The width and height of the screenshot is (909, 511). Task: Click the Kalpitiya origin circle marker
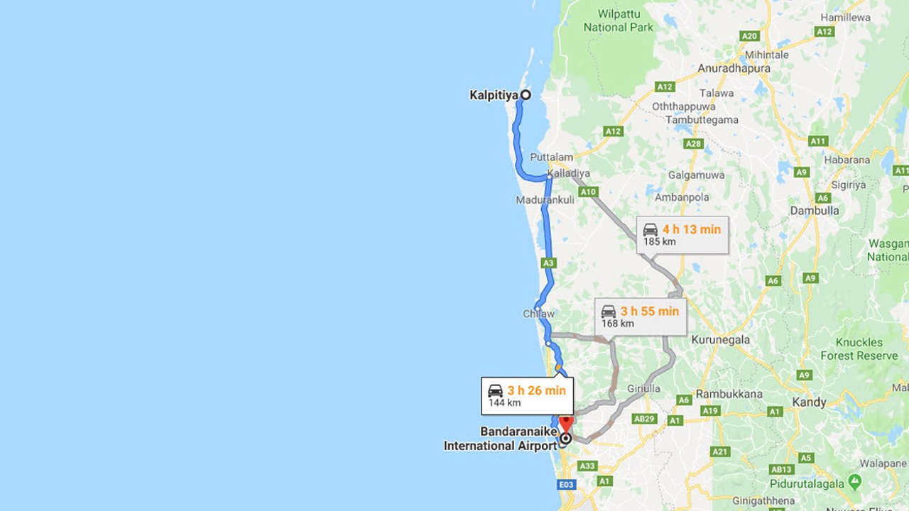tap(526, 94)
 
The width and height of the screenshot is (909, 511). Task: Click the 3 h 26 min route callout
tap(527, 396)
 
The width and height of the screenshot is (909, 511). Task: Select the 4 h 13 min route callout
tap(682, 235)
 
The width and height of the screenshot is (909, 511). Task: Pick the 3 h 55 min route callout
tap(640, 317)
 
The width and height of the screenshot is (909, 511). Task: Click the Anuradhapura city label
tap(734, 69)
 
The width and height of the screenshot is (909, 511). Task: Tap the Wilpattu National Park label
tap(618, 21)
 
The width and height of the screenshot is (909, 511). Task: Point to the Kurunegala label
tap(720, 339)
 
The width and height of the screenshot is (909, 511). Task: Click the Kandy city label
tap(809, 402)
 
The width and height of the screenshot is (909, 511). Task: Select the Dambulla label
tap(814, 211)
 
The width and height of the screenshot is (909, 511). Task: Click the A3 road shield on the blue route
tap(548, 263)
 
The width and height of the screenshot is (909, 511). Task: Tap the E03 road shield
tap(566, 485)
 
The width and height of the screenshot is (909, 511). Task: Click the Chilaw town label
tap(538, 314)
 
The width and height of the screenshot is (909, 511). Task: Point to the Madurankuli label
tap(545, 200)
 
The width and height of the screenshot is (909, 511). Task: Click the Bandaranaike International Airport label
tap(500, 439)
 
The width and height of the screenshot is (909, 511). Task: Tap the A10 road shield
tap(588, 192)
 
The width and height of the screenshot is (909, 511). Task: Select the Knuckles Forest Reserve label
tap(859, 348)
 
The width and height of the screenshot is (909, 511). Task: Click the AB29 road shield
tap(643, 419)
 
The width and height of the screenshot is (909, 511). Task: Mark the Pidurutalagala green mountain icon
tap(854, 482)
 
